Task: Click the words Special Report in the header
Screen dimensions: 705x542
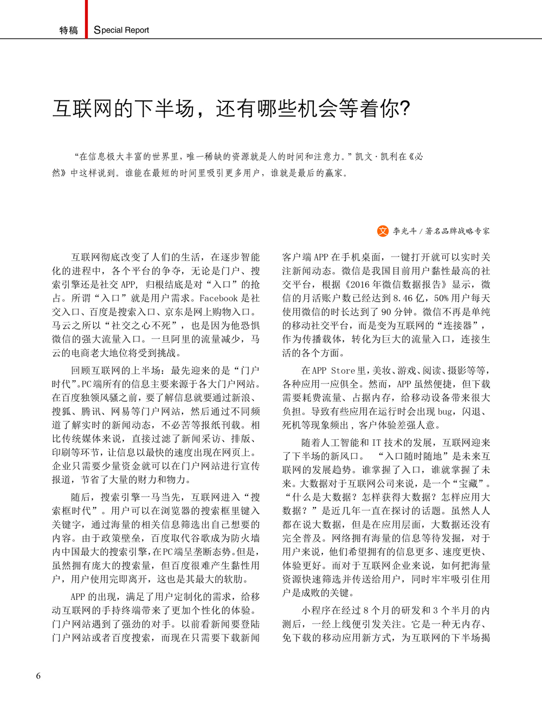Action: point(121,30)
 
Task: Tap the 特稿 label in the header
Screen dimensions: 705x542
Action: point(69,30)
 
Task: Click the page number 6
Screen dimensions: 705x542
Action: point(38,676)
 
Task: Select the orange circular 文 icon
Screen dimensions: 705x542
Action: point(383,231)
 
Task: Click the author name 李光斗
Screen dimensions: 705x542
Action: point(405,231)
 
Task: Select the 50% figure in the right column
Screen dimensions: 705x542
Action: point(441,298)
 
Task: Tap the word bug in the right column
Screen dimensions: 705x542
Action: point(445,412)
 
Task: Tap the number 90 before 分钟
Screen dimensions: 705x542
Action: point(386,312)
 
